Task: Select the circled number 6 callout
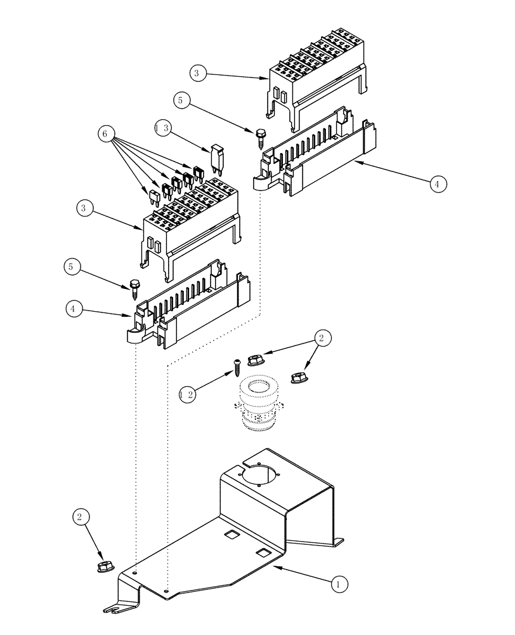(x=106, y=134)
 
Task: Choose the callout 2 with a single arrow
(x=79, y=517)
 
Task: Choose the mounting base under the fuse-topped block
(x=190, y=308)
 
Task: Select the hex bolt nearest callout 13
(x=260, y=136)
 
